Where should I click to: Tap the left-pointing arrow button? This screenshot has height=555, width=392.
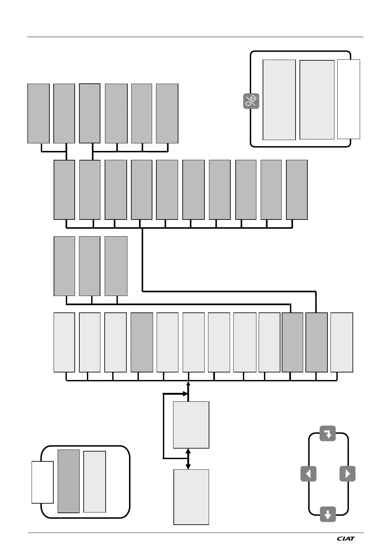(308, 474)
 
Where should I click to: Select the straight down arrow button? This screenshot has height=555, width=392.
(328, 514)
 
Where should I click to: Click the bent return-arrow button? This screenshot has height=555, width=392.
(328, 433)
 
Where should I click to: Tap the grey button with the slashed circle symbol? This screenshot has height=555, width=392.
(251, 101)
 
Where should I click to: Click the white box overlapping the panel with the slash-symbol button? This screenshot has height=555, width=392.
(349, 99)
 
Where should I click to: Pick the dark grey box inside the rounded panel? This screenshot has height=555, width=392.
(68, 481)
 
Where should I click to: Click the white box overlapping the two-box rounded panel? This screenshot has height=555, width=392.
(42, 482)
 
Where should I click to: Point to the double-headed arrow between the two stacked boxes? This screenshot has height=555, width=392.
(188, 459)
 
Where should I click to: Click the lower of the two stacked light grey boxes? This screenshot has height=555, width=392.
(191, 497)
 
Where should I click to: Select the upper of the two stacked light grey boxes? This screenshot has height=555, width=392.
(191, 425)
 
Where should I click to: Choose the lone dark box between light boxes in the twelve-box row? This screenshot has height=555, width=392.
(142, 342)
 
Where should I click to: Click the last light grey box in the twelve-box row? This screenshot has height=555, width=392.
(342, 342)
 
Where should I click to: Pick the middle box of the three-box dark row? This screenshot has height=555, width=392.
(90, 266)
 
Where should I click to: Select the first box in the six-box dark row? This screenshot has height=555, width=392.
(39, 113)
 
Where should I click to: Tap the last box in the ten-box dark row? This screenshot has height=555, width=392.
(297, 190)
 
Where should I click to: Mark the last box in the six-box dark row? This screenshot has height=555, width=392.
(167, 113)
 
